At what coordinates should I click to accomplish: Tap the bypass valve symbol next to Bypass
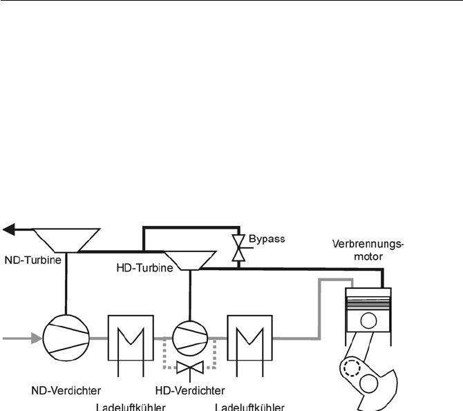(237, 246)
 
